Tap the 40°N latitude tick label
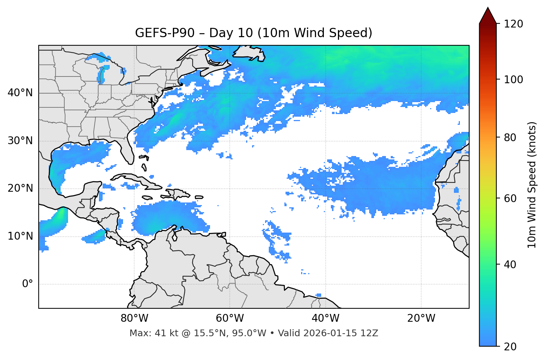pos(20,93)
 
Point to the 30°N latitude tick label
pos(20,141)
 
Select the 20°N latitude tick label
pos(20,188)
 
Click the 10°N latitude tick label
pos(20,236)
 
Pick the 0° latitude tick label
pos(27,284)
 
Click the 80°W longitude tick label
pos(134,318)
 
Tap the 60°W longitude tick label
pos(230,318)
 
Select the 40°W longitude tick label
pos(325,318)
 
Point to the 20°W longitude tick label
pos(421,318)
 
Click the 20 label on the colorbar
pos(510,347)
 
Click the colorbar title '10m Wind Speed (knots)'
pos(532,185)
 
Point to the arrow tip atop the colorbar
pos(488,8)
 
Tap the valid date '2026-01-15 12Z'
pos(341,333)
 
